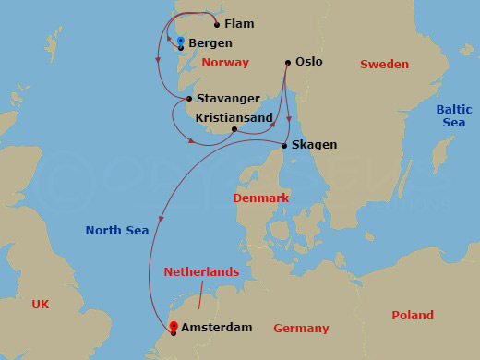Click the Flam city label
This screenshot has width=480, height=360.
(x=239, y=23)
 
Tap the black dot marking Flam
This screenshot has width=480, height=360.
(x=217, y=24)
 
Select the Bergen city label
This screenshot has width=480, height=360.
(x=210, y=43)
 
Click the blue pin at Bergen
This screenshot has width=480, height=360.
(x=181, y=42)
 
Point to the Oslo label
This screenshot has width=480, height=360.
(x=309, y=62)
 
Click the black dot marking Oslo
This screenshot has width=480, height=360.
(x=287, y=62)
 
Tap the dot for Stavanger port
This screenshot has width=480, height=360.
(x=189, y=99)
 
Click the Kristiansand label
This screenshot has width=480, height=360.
(x=234, y=118)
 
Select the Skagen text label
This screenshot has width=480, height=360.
(x=314, y=145)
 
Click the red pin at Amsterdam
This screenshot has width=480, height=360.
(x=173, y=326)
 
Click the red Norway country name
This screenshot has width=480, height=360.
(x=225, y=63)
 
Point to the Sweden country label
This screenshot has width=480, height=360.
(x=384, y=64)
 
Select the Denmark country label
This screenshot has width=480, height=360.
(x=261, y=198)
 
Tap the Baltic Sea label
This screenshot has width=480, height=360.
(x=453, y=115)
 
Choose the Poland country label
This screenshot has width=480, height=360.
(x=412, y=315)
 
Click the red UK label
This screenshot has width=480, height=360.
(x=40, y=304)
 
